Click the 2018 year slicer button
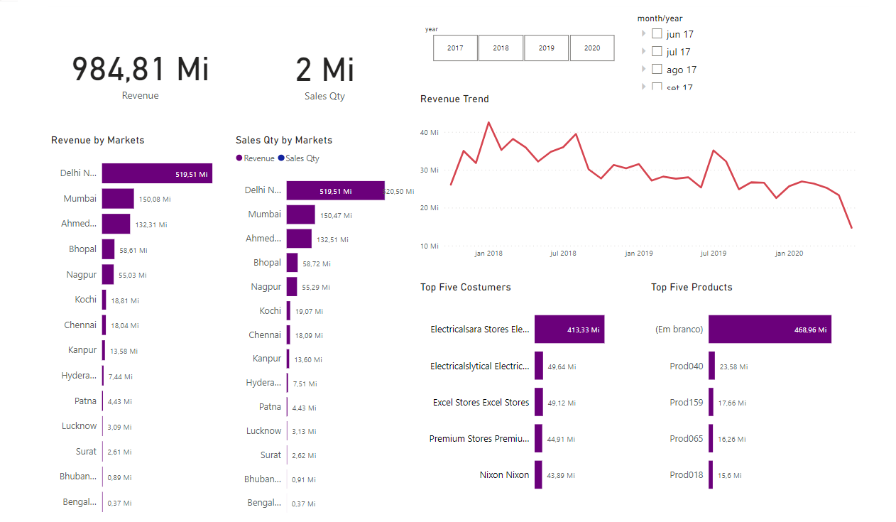pos(501,48)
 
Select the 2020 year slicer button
pos(591,48)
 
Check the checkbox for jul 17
pos(657,52)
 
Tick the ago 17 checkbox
pos(657,70)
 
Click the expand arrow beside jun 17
pos(643,33)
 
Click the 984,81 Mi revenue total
pos(141,70)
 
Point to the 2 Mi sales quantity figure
pos(324,70)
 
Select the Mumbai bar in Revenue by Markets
pos(118,199)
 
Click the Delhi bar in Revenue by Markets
pos(157,173)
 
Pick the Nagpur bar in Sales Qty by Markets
pos(292,287)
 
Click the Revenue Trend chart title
pos(454,99)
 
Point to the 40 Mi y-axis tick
pos(430,133)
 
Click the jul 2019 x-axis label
pos(713,254)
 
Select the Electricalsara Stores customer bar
pos(569,330)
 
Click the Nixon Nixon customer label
pos(504,475)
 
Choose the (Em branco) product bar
pos(770,330)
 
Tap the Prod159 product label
pos(686,403)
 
